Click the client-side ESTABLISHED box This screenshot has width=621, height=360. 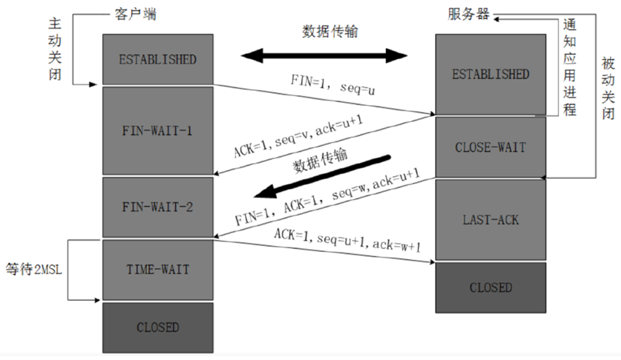tap(158, 59)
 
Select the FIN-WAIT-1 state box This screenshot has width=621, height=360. tap(158, 131)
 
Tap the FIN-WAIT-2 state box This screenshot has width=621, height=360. tap(158, 207)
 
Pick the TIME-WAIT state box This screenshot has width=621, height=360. tap(158, 269)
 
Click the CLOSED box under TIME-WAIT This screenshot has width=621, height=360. tap(158, 327)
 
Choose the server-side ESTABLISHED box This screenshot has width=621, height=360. tap(490, 74)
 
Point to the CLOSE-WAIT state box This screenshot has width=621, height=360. tap(490, 147)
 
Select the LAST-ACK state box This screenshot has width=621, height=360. tap(490, 218)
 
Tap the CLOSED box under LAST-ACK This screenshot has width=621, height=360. tap(490, 287)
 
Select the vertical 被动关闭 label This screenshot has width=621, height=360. tap(609, 88)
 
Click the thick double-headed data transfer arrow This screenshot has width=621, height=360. tap(325, 55)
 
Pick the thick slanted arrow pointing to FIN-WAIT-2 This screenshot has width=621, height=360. tap(324, 176)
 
